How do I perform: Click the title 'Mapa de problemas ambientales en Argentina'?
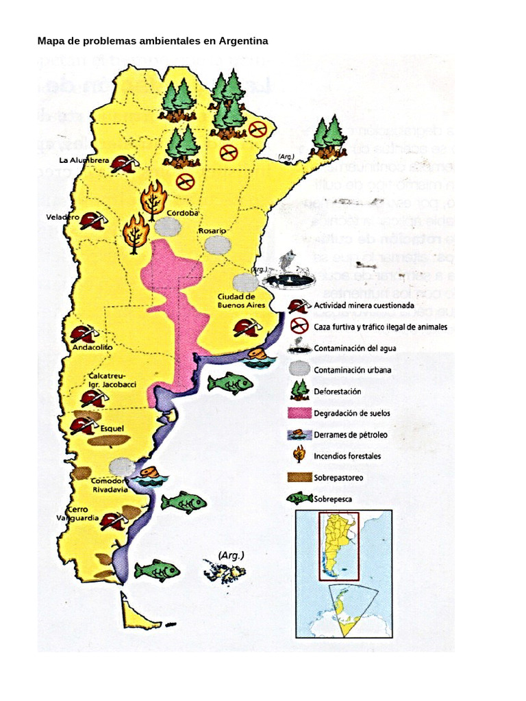[x=152, y=41]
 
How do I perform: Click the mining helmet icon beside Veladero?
[x=92, y=220]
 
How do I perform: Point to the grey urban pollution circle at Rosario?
[x=217, y=245]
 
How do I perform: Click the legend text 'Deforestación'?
[x=337, y=391]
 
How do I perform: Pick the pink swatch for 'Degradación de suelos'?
[x=299, y=413]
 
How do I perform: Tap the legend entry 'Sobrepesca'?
[x=333, y=499]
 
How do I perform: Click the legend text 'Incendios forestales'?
[x=347, y=456]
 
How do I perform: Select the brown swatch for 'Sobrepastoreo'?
[x=299, y=478]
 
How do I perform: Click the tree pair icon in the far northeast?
[x=328, y=136]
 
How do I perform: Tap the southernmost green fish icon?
[x=157, y=570]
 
